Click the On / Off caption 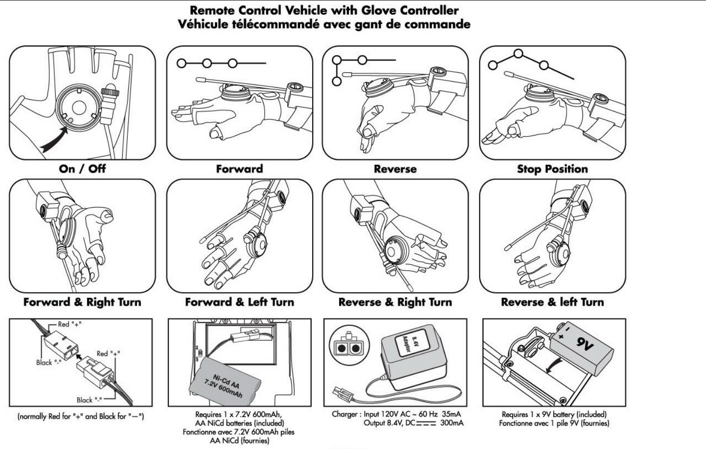tap(82, 169)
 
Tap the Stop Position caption tap(552, 169)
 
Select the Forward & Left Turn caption tap(240, 302)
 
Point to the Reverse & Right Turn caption tap(395, 302)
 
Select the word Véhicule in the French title tap(203, 24)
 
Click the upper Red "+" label tap(70, 324)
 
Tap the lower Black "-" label tap(89, 400)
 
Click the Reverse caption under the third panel tap(395, 169)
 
